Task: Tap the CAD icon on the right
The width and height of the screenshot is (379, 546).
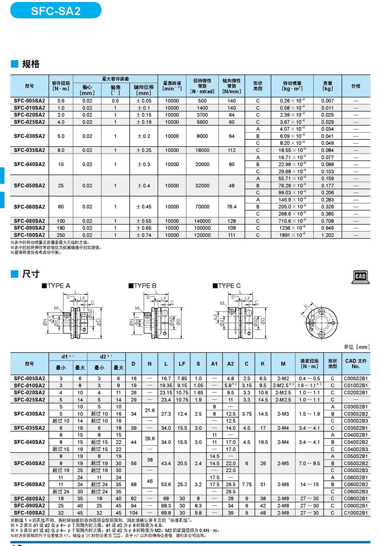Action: tap(360, 276)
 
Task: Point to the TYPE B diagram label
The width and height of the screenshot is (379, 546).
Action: tap(143, 286)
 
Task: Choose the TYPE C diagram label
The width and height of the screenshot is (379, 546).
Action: tap(228, 286)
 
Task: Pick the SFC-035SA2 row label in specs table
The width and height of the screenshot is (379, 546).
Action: tap(30, 150)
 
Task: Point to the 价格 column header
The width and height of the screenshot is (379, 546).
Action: tap(356, 86)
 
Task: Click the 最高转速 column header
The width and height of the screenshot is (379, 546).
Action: tap(172, 86)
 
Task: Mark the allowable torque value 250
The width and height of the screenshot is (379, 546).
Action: tap(61, 235)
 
